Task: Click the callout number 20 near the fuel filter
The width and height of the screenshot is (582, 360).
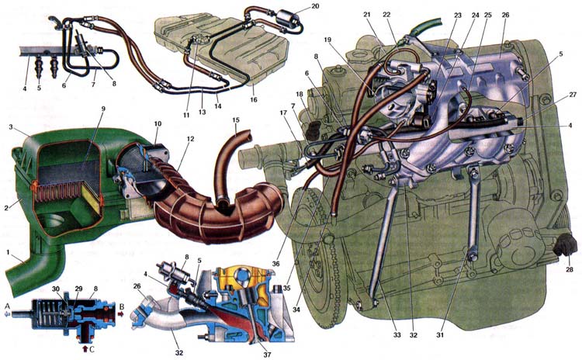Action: pyautogui.click(x=315, y=6)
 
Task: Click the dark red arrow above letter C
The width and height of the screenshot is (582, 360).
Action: pyautogui.click(x=85, y=348)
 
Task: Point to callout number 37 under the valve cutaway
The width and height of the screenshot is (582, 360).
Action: pyautogui.click(x=267, y=355)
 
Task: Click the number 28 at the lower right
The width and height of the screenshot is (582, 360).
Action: pyautogui.click(x=570, y=269)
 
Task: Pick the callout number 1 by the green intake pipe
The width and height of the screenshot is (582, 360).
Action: pyautogui.click(x=8, y=252)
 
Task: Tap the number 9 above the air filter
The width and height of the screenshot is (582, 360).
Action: pyautogui.click(x=103, y=109)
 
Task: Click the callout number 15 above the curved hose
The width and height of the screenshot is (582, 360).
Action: pyautogui.click(x=236, y=120)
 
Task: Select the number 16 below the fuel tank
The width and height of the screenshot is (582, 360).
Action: pyautogui.click(x=254, y=99)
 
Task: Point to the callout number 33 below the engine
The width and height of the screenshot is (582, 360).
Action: pyautogui.click(x=397, y=334)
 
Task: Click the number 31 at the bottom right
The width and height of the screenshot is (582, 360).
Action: pyautogui.click(x=440, y=334)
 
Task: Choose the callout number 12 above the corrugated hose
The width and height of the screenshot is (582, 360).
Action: pyautogui.click(x=190, y=139)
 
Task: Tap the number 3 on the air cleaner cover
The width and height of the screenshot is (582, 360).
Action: pyautogui.click(x=11, y=127)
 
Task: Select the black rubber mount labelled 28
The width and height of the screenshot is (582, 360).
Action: pyautogui.click(x=565, y=247)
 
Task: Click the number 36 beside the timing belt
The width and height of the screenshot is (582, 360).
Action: pyautogui.click(x=275, y=264)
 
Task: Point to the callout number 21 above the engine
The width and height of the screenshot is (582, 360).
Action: pyautogui.click(x=367, y=14)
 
